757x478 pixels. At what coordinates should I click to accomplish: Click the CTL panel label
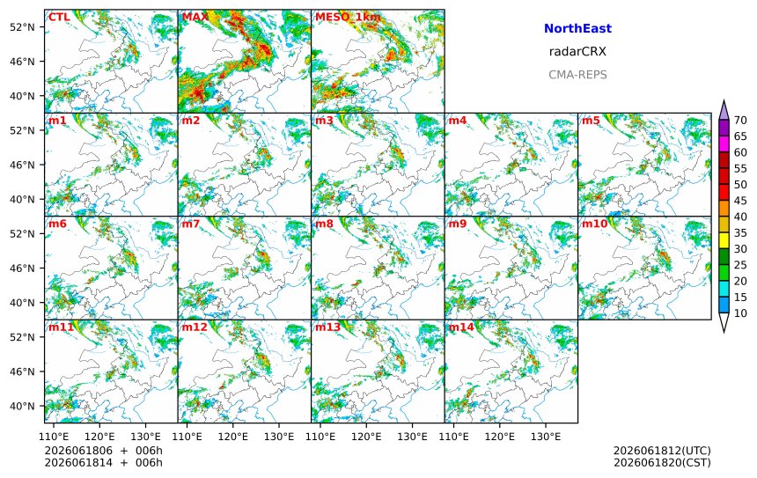click(59, 18)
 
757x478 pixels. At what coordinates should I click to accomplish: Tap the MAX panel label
click(195, 18)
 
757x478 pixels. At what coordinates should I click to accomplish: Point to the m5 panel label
click(591, 121)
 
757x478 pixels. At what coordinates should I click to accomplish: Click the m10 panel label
click(594, 224)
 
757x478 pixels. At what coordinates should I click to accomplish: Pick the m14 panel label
click(461, 327)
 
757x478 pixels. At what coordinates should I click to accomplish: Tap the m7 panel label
click(191, 224)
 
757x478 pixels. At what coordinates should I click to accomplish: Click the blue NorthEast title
click(577, 28)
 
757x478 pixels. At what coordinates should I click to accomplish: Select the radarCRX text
click(577, 52)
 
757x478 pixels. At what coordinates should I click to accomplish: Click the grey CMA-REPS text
click(577, 75)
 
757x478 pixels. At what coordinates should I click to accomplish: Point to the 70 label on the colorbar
click(740, 121)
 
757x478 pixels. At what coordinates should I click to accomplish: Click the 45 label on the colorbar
click(740, 201)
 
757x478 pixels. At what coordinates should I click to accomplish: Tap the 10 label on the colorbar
click(740, 313)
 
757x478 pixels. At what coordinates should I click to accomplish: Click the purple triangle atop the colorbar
click(724, 111)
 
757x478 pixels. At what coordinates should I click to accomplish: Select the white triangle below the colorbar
click(724, 321)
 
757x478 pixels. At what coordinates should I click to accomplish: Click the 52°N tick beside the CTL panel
click(22, 27)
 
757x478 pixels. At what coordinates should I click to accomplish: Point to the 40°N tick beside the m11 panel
click(22, 406)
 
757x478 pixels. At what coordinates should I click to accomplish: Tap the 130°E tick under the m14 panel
click(546, 437)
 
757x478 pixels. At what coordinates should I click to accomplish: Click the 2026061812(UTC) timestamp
click(662, 451)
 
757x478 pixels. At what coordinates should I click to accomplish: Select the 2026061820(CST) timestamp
click(662, 462)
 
